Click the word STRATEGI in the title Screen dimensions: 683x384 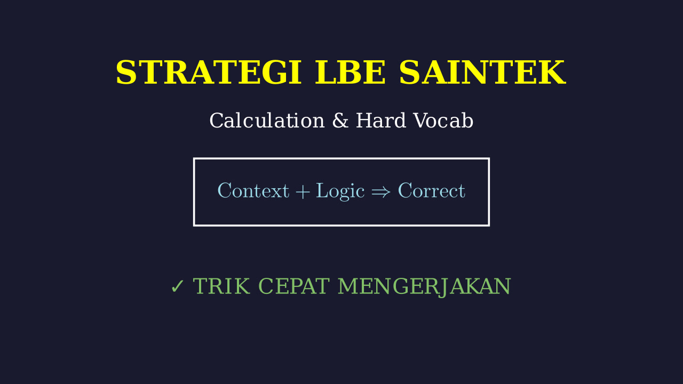point(209,72)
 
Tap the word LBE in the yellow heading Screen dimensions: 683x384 point(351,72)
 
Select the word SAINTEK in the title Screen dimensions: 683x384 point(482,72)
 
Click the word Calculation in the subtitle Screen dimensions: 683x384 point(267,121)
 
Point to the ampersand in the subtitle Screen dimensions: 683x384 point(340,121)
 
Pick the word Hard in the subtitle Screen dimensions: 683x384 point(381,121)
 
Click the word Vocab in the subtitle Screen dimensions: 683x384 point(443,121)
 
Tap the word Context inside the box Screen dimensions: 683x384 point(253,191)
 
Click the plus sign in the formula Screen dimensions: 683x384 point(303,192)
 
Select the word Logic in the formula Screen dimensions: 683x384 point(340,191)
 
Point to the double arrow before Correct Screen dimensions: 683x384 point(381,192)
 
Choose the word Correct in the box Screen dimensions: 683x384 point(432,191)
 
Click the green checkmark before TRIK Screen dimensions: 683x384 point(178,286)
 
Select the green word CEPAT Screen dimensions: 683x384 point(294,286)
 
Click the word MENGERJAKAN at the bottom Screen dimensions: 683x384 point(424,287)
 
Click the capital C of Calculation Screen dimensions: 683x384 point(217,121)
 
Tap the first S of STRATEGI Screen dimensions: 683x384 point(125,72)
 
